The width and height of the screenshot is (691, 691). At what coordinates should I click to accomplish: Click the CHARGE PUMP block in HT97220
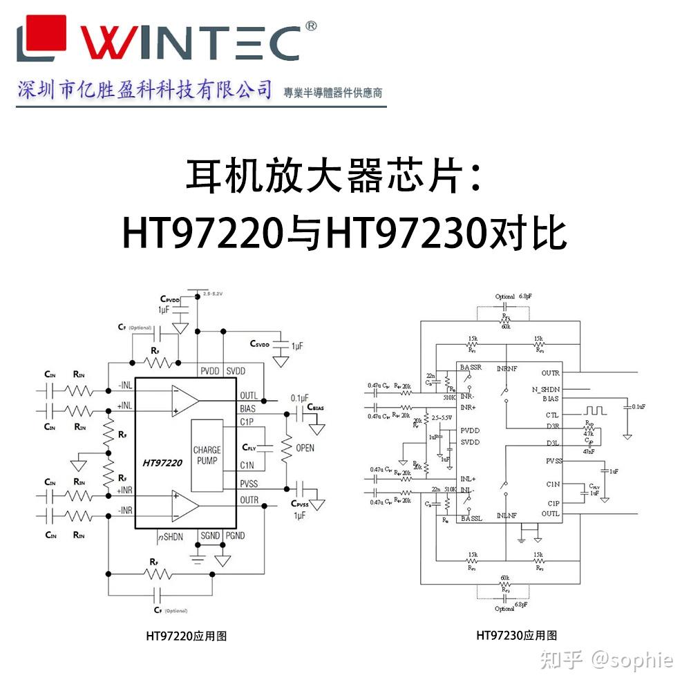[x=207, y=455]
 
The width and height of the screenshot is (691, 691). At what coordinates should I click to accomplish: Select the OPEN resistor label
[x=305, y=448]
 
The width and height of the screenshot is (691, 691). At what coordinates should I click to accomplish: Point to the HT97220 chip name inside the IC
[x=162, y=463]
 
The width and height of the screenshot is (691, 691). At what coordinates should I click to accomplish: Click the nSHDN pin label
[x=171, y=536]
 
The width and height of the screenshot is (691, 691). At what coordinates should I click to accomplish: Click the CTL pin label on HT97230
[x=551, y=415]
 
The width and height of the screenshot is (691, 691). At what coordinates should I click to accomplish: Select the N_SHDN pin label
[x=546, y=389]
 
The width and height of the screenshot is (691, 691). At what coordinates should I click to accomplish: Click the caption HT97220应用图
[x=186, y=636]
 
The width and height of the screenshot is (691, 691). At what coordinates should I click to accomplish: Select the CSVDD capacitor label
[x=263, y=343]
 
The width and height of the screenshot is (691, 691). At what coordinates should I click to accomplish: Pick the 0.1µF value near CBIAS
[x=301, y=398]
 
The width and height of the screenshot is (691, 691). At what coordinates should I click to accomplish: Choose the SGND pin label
[x=210, y=536]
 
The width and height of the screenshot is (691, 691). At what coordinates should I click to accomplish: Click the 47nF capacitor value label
[x=587, y=451]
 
